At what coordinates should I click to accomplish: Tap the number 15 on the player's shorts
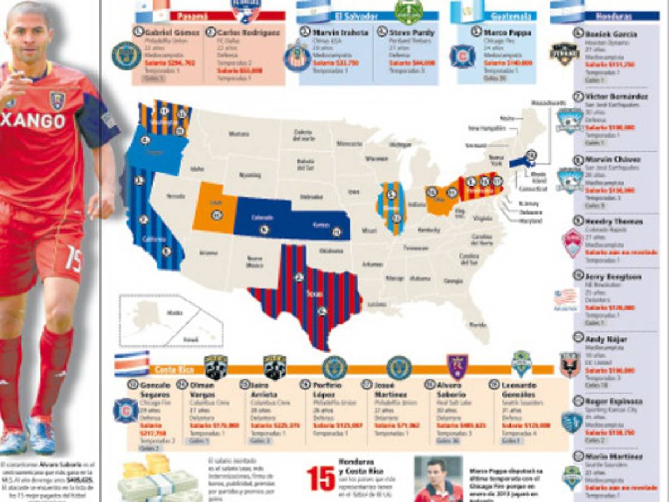click(73, 259)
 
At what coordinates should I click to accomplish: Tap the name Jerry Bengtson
click(613, 277)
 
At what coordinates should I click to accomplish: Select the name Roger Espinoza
click(614, 401)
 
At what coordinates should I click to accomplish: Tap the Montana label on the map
click(238, 134)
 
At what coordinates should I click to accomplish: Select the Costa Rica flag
click(131, 363)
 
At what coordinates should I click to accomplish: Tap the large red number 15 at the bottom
click(321, 479)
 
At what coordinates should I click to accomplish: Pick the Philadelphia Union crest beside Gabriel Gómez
click(126, 56)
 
